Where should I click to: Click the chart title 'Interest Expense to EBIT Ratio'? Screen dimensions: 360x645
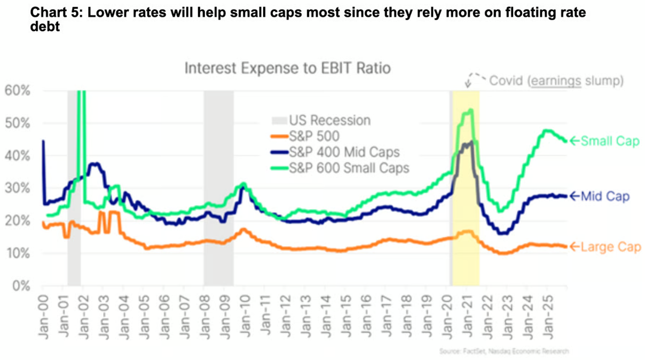[287, 69]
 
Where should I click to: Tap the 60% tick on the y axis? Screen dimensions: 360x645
[18, 90]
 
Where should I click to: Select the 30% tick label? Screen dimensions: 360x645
[18, 188]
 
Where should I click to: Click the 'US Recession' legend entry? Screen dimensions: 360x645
[321, 120]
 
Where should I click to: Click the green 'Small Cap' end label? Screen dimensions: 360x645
[609, 142]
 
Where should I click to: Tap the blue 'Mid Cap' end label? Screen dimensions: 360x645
[605, 197]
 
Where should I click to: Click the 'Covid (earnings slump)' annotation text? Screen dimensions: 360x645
[556, 81]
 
